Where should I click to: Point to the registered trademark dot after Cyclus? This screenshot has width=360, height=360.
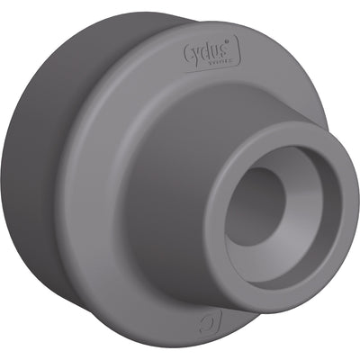coord(230,40)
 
